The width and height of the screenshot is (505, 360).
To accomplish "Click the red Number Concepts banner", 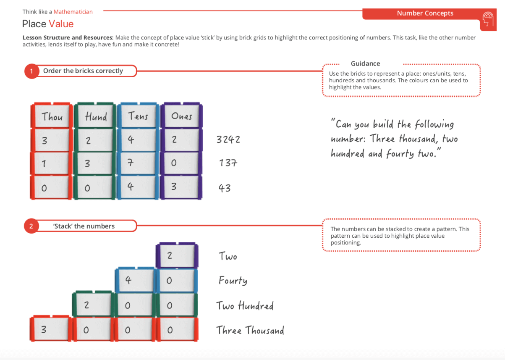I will click(425, 13).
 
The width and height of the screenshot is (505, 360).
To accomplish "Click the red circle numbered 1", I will click(31, 71).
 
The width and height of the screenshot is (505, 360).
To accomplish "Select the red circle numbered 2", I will click(31, 226).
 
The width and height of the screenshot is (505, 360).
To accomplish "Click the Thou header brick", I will click(52, 116).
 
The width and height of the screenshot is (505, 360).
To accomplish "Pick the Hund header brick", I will click(95, 116).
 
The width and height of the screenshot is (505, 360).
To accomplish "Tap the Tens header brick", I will click(138, 116).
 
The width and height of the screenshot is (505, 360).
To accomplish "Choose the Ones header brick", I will click(181, 116).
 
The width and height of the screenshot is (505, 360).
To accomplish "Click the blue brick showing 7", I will click(138, 163).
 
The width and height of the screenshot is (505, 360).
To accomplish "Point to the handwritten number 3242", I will click(228, 139).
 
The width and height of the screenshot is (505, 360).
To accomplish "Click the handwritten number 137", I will click(228, 163).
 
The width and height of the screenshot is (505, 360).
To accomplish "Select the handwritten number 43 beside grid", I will click(225, 188).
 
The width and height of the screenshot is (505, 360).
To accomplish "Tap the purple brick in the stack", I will click(176, 255).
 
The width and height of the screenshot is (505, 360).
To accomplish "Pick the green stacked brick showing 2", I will click(93, 305).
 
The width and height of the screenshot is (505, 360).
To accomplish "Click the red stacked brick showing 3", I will click(50, 330).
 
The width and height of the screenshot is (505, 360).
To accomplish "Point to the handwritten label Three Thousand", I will click(250, 330).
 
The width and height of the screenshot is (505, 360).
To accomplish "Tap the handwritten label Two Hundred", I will click(245, 305).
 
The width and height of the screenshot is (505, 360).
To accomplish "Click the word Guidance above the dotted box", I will click(365, 64).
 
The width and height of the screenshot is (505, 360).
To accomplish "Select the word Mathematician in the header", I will click(73, 12).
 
